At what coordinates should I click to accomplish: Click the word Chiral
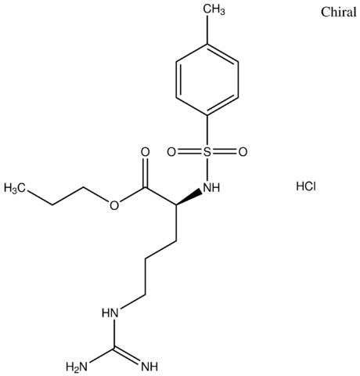(x=338, y=12)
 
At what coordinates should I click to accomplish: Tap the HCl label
(x=306, y=186)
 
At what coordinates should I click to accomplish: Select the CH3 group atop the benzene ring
(x=214, y=9)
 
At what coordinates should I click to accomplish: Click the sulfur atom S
(x=207, y=152)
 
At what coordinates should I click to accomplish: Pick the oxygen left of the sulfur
(x=171, y=152)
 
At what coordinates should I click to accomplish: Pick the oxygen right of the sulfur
(x=243, y=152)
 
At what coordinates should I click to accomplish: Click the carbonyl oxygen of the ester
(x=146, y=152)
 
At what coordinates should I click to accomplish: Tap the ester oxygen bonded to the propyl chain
(x=114, y=205)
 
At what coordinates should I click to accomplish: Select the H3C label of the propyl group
(x=15, y=188)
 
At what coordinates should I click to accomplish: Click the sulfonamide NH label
(x=211, y=187)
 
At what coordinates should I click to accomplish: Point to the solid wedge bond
(x=189, y=197)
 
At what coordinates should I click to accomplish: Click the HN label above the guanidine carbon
(x=110, y=313)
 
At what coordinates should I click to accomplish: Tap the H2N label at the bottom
(x=77, y=367)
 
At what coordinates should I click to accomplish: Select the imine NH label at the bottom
(x=149, y=367)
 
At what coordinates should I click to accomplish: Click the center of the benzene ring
(x=207, y=80)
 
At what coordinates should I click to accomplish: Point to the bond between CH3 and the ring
(x=207, y=31)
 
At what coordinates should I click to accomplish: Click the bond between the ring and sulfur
(x=207, y=131)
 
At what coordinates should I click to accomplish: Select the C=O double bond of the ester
(x=146, y=172)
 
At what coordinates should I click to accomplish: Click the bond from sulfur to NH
(x=207, y=169)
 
